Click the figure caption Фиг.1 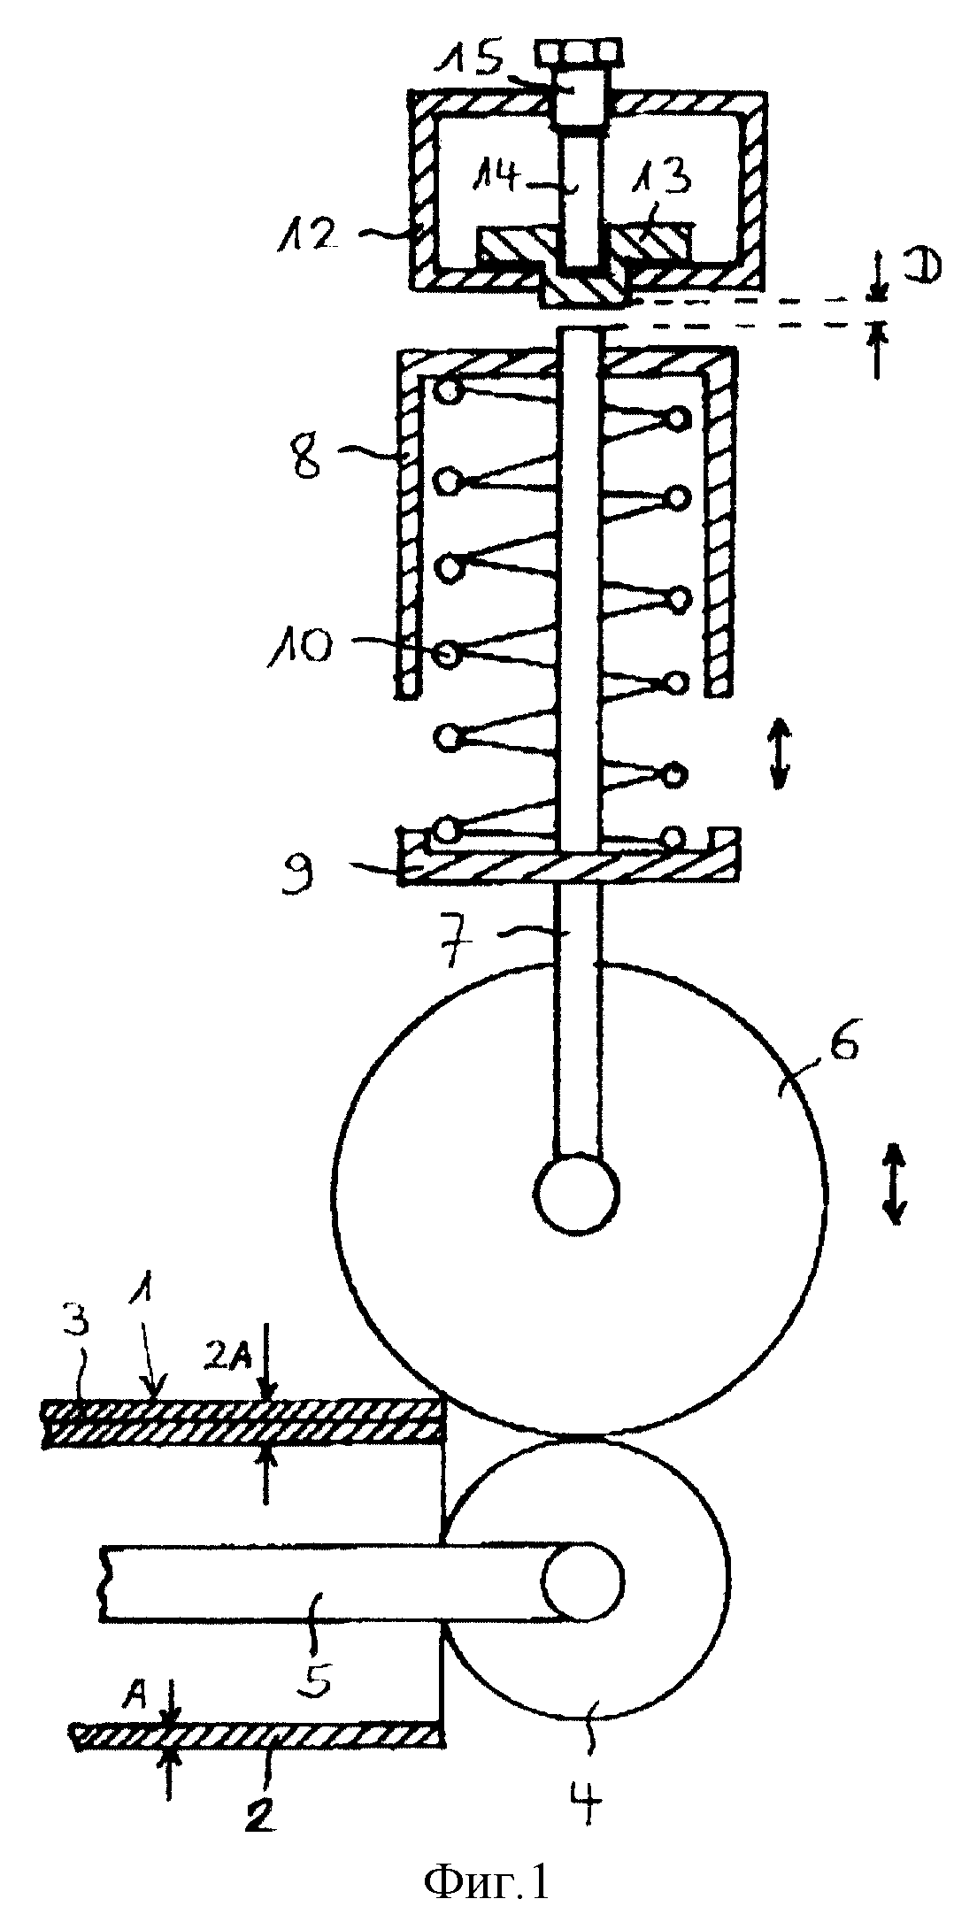coord(486,1877)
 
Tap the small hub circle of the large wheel coord(576,1191)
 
